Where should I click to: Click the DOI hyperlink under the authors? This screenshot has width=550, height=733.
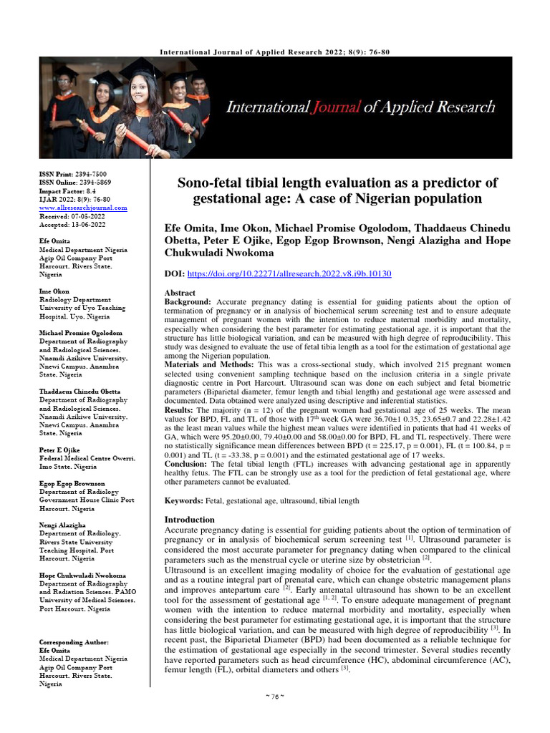pos(289,274)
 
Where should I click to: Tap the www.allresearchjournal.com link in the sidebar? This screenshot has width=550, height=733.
pos(83,208)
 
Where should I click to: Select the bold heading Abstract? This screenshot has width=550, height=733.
pos(180,293)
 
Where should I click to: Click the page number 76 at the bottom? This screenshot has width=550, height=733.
pos(274,718)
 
